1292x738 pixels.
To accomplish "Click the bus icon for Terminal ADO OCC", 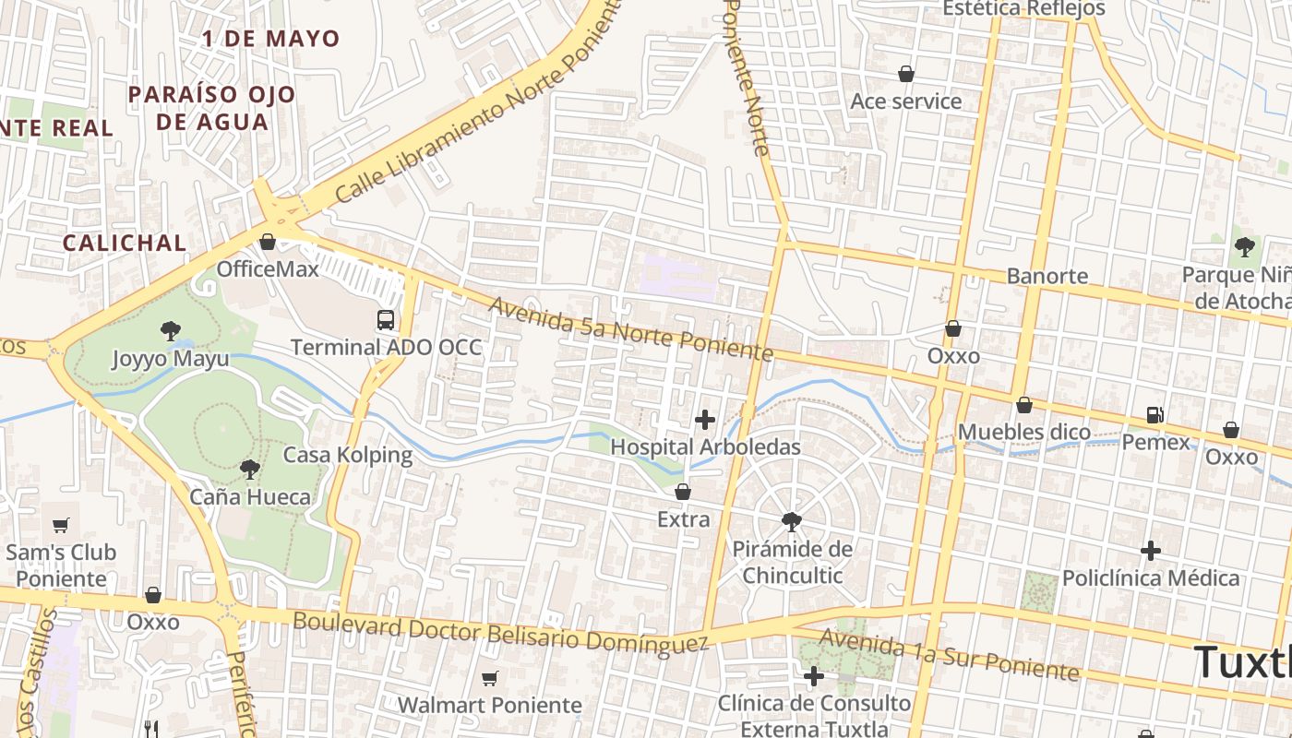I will [386, 320].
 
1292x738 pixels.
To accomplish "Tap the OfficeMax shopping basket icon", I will [268, 242].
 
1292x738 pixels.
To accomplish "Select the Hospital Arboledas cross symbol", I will [705, 420].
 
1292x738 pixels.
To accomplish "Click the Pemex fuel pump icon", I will [1154, 415].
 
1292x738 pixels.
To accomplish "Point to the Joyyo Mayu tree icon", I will [170, 330].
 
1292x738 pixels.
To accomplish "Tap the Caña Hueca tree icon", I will [249, 470].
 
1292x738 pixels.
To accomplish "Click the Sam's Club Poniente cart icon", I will [61, 525].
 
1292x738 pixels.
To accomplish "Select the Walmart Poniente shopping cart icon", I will [489, 678].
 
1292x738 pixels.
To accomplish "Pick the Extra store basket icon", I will [683, 492].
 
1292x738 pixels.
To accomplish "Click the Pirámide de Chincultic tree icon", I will [791, 521].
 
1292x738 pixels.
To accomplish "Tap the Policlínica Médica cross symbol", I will [1150, 551].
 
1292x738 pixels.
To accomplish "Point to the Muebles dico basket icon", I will [1023, 405].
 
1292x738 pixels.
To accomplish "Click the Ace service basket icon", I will [906, 74].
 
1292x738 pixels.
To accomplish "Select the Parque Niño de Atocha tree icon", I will [1244, 246].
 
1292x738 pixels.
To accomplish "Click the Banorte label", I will [1047, 276].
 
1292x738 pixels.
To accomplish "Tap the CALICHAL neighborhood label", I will [124, 243].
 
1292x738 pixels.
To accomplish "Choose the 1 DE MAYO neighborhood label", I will [271, 39].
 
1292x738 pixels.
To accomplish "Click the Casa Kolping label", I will [347, 455].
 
